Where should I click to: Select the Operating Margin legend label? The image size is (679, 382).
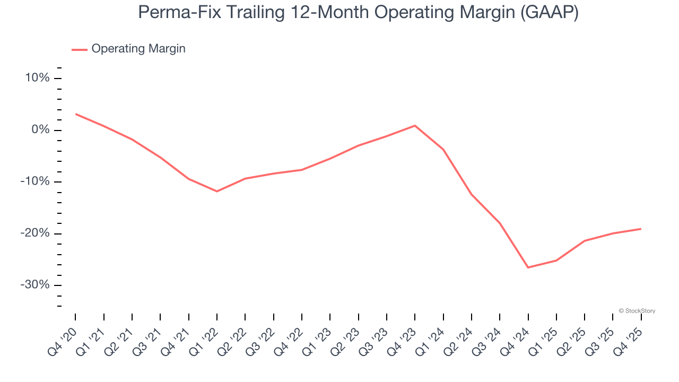pos(138,49)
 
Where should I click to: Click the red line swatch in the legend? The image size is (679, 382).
pos(80,49)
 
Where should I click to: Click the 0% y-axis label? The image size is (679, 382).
pos(40,130)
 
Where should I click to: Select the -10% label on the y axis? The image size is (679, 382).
pos(35,181)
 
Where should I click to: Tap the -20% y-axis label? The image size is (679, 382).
pos(35,233)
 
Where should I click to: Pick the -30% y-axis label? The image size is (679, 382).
pos(35,285)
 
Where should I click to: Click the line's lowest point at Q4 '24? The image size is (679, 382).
pos(528,267)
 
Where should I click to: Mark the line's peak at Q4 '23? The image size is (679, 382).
pos(415,126)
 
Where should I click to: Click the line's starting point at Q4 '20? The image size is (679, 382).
pos(75,114)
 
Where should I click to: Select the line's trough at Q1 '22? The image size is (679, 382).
pos(217,191)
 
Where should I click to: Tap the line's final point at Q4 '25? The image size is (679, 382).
pos(641,229)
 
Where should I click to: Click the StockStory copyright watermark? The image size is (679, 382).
pos(637,311)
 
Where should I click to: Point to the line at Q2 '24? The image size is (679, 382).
pos(472,194)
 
